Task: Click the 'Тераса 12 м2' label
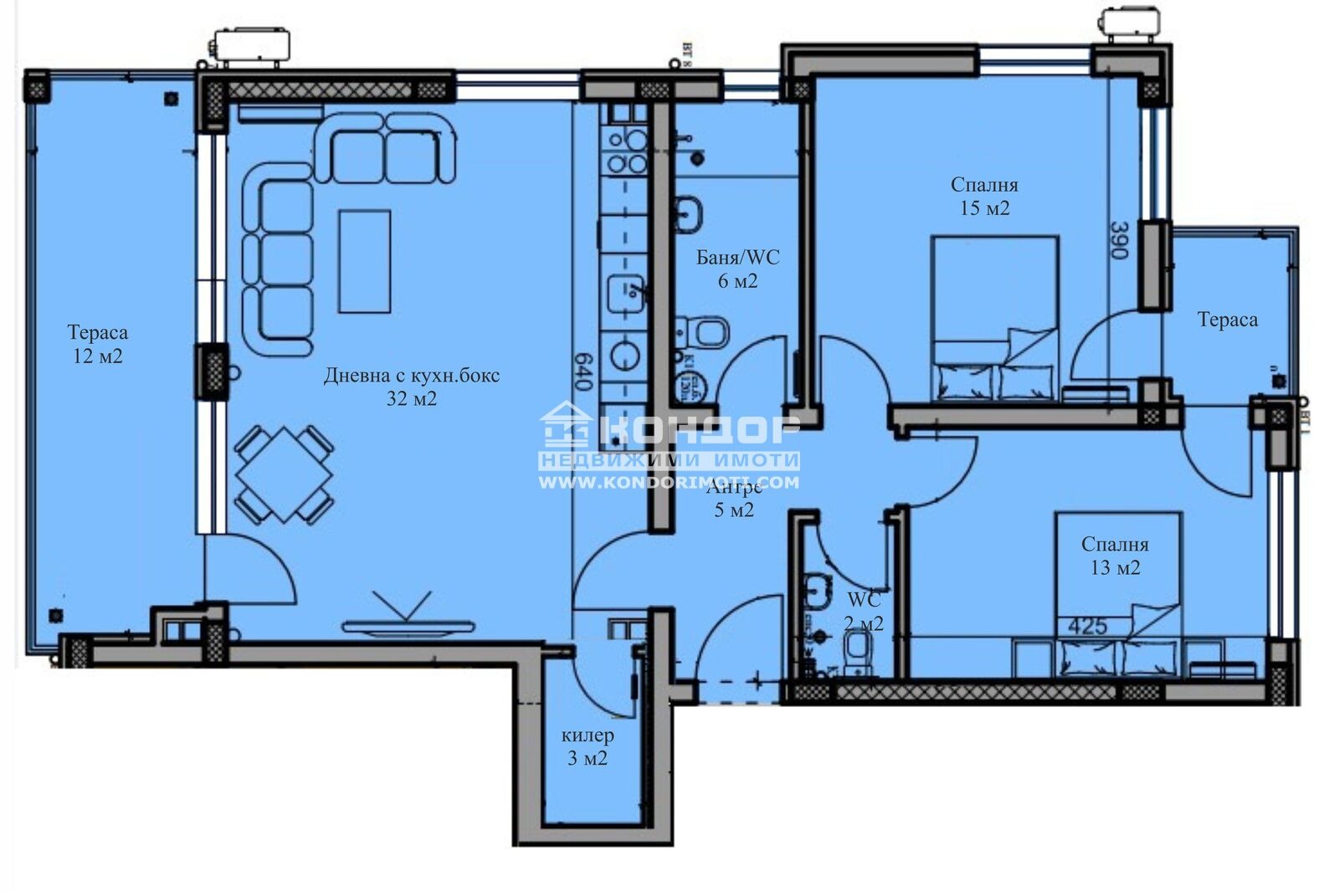[x=97, y=344]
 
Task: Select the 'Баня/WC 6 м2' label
[x=737, y=269]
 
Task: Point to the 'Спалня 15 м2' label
[x=984, y=196]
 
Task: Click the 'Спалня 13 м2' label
[x=1115, y=556]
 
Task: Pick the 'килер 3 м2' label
[x=587, y=746]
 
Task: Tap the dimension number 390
[x=1120, y=240]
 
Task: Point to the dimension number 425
[x=1087, y=625]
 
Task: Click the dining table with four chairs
[x=284, y=474]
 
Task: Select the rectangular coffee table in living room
[x=364, y=261]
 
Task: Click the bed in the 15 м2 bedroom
[x=995, y=318]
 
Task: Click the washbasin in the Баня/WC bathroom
[x=690, y=213]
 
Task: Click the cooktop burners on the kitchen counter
[x=627, y=151]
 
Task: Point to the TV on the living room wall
[x=408, y=626]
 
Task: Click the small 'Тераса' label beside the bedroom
[x=1227, y=320]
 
